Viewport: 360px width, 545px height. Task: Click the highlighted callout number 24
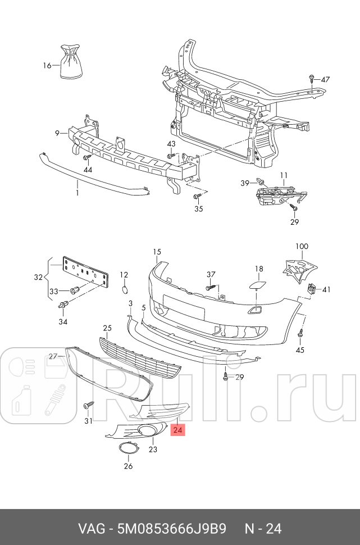pos(178,431)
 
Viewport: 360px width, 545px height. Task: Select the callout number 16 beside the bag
pos(47,66)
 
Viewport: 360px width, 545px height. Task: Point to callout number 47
pos(326,79)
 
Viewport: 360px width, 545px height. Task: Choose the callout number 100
pos(302,247)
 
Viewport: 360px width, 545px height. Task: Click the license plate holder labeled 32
pos(85,273)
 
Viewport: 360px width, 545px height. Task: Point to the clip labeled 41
pos(313,289)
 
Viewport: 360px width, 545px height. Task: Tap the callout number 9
pos(57,133)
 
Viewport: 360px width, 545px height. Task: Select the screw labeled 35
pos(196,196)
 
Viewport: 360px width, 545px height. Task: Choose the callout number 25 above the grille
pos(107,328)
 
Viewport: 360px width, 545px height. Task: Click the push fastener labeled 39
pos(260,181)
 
